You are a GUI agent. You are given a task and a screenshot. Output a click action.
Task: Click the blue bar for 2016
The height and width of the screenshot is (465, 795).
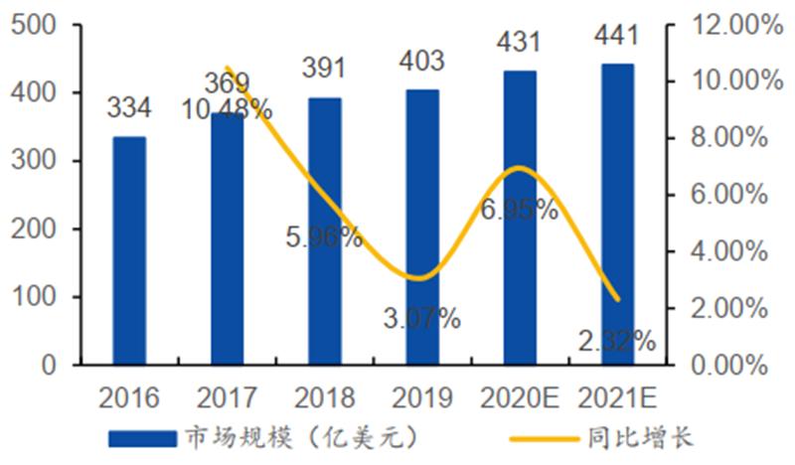click(x=128, y=250)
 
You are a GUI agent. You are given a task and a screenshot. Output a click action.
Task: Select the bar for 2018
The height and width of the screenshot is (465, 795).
click(x=324, y=231)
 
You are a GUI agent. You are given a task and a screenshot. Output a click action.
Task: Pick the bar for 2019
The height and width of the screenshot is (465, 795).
click(x=421, y=227)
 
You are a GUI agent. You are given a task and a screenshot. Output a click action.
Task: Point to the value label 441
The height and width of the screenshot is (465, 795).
click(x=616, y=37)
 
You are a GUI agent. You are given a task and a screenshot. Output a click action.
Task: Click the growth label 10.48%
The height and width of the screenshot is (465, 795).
click(x=226, y=109)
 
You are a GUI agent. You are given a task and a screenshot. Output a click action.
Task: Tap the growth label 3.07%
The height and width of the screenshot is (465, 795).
click(x=422, y=319)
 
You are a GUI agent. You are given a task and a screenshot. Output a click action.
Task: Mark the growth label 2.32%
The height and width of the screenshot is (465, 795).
click(x=616, y=342)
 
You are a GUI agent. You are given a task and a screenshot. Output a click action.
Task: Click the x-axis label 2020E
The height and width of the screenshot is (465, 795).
click(x=519, y=398)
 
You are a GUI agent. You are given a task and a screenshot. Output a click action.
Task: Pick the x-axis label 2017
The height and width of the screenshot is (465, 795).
click(x=226, y=398)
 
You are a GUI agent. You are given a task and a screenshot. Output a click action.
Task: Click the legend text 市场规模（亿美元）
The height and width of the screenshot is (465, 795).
click(x=295, y=437)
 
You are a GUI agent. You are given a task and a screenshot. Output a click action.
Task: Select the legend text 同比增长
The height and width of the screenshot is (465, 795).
click(x=646, y=437)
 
